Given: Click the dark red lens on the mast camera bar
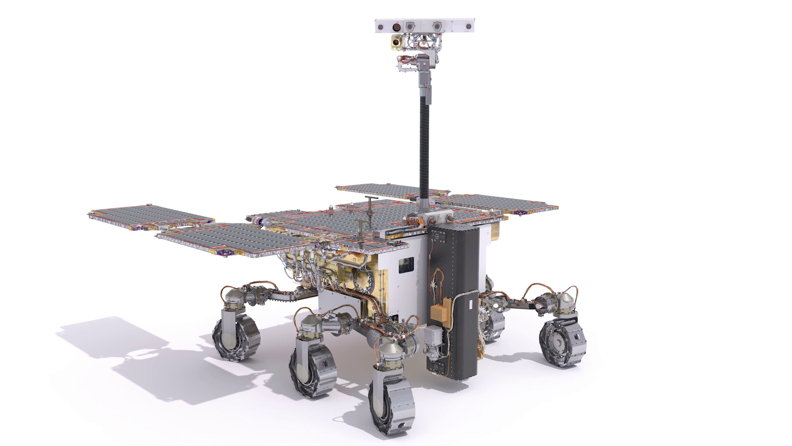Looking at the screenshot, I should (x=396, y=27).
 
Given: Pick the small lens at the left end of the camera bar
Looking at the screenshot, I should (x=382, y=27).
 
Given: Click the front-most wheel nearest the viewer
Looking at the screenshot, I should (x=392, y=401).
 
